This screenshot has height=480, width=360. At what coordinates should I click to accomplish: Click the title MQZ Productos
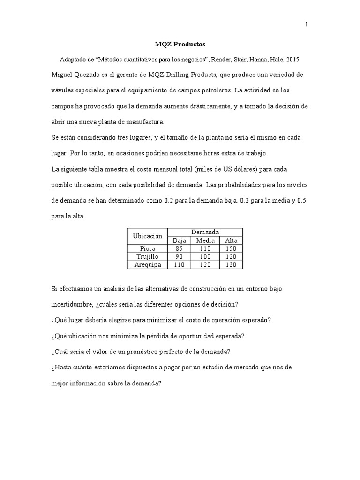180,45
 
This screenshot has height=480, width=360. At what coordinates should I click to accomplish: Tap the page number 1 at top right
307,25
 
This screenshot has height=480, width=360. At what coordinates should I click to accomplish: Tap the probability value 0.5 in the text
302,200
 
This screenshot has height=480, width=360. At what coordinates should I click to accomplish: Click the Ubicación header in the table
147,236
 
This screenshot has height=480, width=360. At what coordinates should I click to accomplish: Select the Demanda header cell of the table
205,232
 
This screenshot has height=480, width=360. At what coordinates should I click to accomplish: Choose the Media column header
205,240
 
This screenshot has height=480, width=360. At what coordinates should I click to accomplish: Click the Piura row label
147,248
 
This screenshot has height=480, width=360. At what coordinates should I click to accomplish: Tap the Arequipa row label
147,265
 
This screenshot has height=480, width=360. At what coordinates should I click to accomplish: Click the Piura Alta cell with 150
231,248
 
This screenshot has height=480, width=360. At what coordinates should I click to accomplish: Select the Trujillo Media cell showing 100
205,257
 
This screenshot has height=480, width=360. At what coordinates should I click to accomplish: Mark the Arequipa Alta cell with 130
231,265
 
